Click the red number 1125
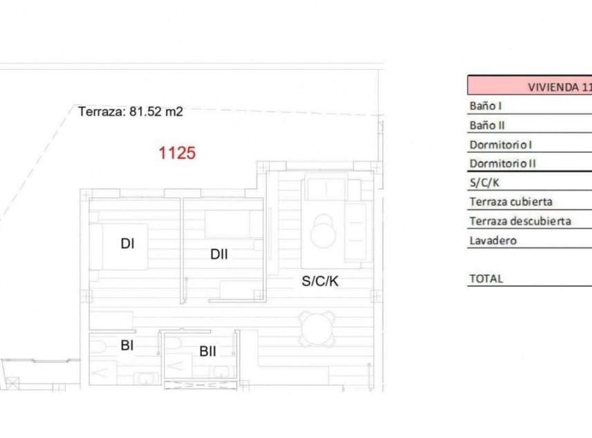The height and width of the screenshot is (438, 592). click(177, 153)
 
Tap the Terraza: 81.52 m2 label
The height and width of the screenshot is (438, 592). click(131, 111)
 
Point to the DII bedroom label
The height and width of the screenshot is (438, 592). click(219, 255)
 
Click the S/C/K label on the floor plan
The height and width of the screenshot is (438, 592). click(320, 281)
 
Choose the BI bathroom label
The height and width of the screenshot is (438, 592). click(127, 346)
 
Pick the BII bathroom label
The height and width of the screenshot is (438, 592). click(207, 352)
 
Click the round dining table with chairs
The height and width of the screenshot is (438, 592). click(317, 329)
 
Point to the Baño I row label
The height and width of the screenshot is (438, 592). click(485, 107)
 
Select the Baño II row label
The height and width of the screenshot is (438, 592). click(486, 126)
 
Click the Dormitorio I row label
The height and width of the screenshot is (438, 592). click(501, 145)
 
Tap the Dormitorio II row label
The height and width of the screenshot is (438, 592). click(502, 164)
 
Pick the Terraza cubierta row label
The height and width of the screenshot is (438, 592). click(510, 202)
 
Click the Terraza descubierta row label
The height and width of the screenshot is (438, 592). click(519, 221)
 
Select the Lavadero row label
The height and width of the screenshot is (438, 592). click(492, 241)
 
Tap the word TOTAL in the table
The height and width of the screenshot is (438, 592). click(485, 279)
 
